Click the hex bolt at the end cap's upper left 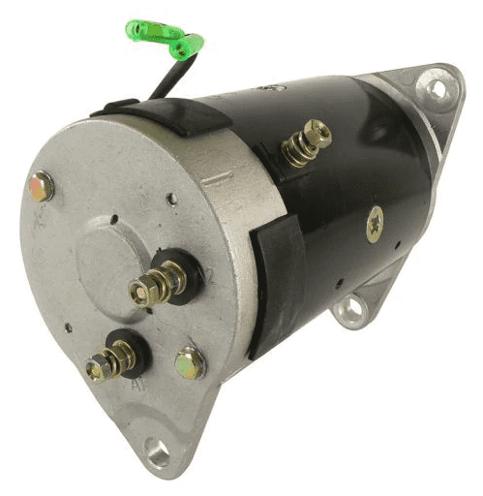coord(42,186)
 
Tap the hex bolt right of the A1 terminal coord(190,363)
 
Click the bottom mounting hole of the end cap coord(156,449)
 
